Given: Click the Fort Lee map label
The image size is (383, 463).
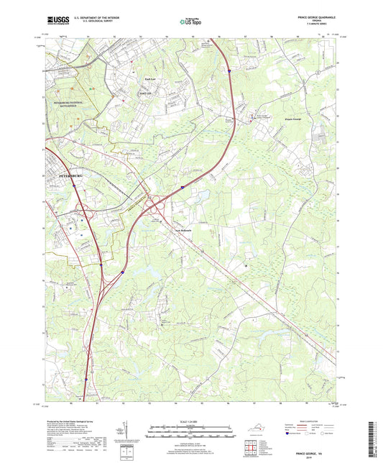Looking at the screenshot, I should click(x=147, y=91).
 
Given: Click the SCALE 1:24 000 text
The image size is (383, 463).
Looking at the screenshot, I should click(x=191, y=421).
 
